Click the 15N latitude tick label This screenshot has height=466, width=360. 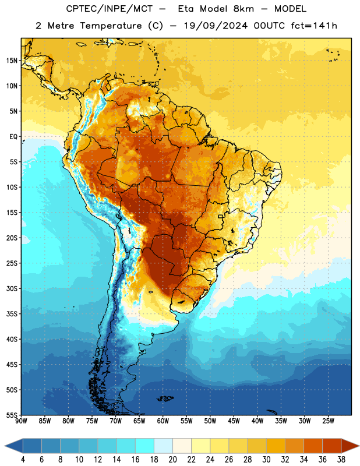click(12, 61)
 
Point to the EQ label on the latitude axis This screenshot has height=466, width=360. click(13, 137)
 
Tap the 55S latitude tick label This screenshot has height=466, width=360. click(12, 415)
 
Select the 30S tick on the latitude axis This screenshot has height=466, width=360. click(12, 288)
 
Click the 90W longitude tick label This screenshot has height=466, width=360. click(21, 421)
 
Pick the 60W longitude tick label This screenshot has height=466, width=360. click(163, 421)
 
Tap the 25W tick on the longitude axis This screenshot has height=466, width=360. click(328, 421)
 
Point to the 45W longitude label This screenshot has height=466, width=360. click(234, 421)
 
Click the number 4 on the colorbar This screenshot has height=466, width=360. click(23, 460)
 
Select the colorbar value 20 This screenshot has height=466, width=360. click(172, 460)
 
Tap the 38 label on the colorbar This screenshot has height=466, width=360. click(341, 460)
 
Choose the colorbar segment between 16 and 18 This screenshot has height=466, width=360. click(145, 446)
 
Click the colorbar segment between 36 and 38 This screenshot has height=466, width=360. click(332, 446)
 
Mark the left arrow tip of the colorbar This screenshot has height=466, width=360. click(5, 446)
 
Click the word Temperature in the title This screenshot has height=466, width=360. click(111, 26)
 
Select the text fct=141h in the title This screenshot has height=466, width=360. click(314, 26)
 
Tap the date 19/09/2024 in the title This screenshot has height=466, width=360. click(216, 26)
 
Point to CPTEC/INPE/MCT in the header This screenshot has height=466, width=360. click(109, 9)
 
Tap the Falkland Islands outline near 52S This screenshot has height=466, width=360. click(165, 398)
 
